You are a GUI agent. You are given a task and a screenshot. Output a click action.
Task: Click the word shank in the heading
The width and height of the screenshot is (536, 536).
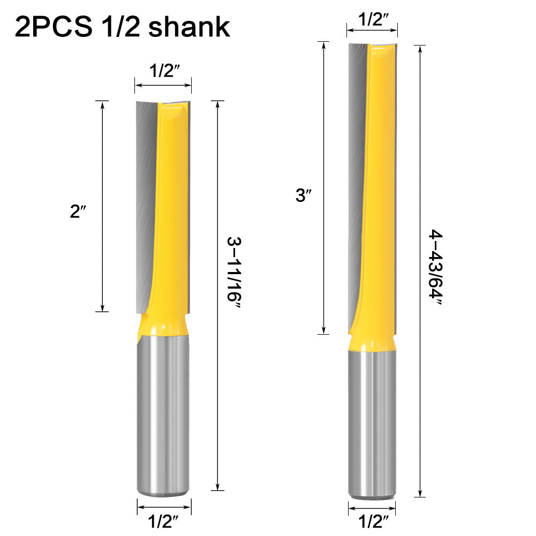tap(190, 27)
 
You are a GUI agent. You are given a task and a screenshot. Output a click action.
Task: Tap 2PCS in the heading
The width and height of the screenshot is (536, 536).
tap(53, 27)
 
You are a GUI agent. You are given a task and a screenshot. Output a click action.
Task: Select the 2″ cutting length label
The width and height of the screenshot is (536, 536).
tap(78, 212)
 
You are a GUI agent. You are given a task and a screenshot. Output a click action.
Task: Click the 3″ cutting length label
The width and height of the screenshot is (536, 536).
tap(303, 196)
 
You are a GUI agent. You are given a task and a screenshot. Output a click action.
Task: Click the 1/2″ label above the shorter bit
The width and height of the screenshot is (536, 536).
tap(163, 71)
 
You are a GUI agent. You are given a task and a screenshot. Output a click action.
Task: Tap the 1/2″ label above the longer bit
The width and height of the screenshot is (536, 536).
tap(373, 20)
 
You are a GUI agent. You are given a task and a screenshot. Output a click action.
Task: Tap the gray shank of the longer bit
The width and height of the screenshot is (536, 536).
tap(373, 423)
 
